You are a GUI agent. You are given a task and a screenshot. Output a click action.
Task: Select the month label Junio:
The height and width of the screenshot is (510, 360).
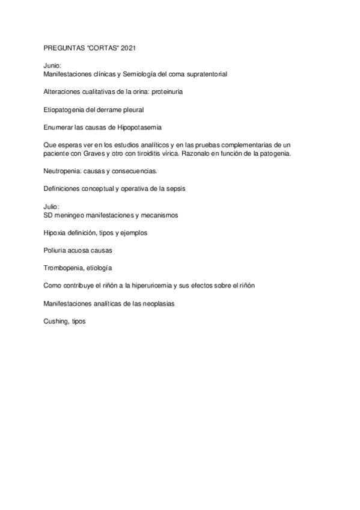point(53,66)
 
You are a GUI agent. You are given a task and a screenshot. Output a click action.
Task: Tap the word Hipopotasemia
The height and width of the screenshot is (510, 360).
point(140,127)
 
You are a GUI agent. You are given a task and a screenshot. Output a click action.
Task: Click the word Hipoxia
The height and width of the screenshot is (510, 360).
point(56,232)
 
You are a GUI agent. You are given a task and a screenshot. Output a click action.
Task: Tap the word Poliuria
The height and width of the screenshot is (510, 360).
point(56,250)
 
